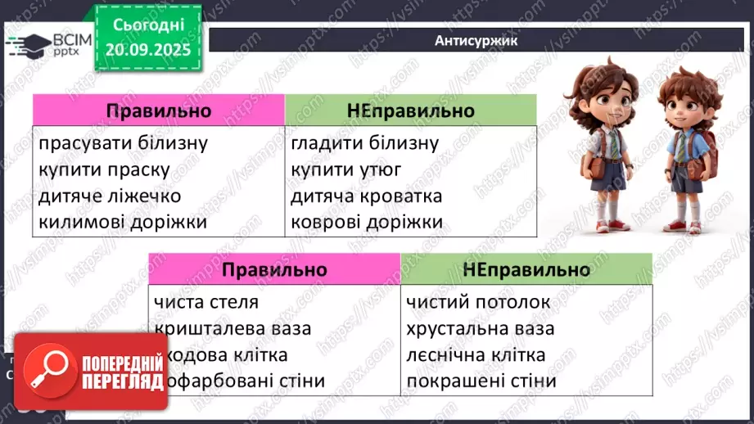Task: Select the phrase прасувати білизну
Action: (123, 143)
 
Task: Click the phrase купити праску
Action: (104, 169)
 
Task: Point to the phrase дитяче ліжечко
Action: (110, 196)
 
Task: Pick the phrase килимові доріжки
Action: (122, 222)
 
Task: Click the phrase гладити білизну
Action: (365, 143)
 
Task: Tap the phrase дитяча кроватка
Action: (366, 196)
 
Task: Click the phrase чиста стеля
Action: (205, 302)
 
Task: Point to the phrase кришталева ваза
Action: (233, 328)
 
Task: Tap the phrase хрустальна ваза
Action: (480, 328)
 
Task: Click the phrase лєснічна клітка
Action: (475, 354)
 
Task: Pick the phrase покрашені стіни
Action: (481, 381)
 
